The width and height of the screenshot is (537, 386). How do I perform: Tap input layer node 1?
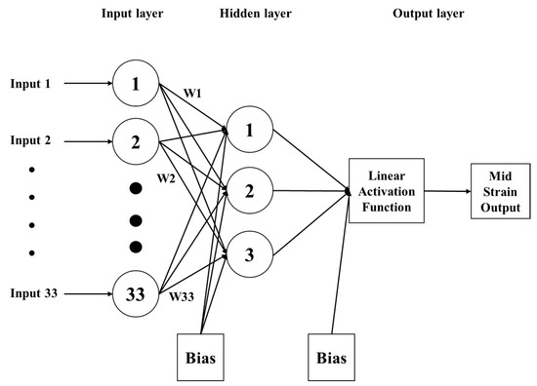point(137,85)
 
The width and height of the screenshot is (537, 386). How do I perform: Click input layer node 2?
point(137,141)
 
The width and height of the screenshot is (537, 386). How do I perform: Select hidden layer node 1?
point(249,130)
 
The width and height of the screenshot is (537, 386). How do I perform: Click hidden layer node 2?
point(249,191)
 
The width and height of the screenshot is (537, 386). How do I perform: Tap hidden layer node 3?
point(249,255)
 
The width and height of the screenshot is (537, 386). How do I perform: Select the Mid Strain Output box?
point(498,191)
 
